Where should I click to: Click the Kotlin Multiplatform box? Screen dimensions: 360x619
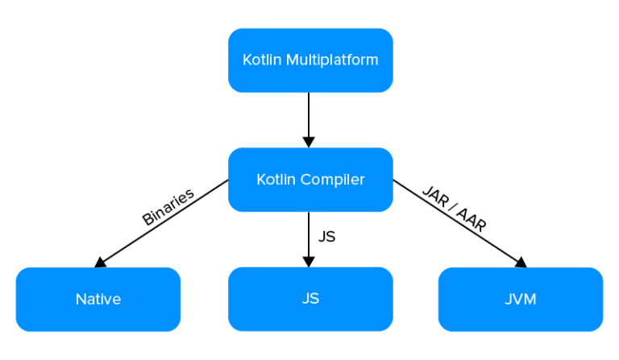[310, 60]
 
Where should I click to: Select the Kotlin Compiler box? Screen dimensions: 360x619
[310, 180]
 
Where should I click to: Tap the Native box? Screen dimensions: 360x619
[98, 300]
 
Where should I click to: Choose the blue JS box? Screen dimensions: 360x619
[310, 300]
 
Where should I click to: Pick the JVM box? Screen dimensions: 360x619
[521, 300]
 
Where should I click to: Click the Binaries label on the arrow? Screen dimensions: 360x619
[168, 207]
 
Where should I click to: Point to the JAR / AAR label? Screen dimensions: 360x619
[455, 209]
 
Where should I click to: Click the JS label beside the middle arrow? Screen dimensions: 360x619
[326, 238]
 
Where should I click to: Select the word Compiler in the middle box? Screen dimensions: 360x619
[332, 180]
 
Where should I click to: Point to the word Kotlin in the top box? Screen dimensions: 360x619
[260, 60]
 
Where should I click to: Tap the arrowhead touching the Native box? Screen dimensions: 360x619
[101, 262]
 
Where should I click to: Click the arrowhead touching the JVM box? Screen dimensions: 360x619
[520, 262]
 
